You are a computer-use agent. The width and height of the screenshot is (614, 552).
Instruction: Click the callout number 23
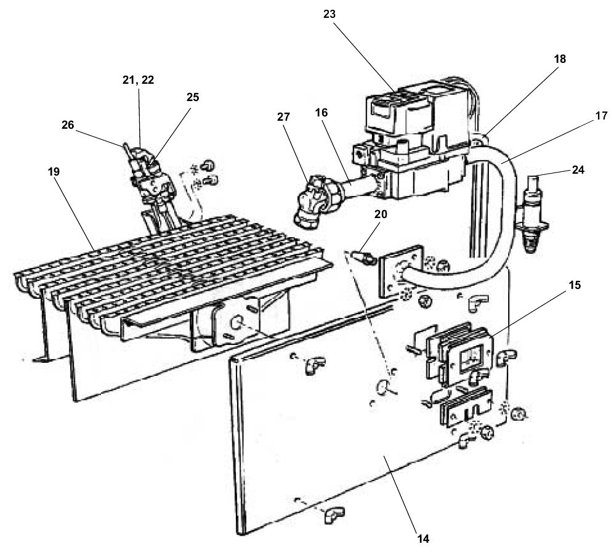pos(329,14)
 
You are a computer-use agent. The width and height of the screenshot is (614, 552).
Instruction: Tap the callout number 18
pos(560,59)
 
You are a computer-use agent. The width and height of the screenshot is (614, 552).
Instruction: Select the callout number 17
pos(600,116)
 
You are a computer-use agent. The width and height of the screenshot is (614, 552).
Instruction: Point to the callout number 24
pos(578,170)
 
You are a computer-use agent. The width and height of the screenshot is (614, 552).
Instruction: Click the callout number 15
pos(575,285)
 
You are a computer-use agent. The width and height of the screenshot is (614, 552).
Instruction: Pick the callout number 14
pos(423,538)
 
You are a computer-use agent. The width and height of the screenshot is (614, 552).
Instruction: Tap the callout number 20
pos(380,214)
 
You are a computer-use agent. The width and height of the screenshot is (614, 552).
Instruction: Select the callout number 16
pos(321,113)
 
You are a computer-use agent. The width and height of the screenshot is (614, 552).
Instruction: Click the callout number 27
pos(283,117)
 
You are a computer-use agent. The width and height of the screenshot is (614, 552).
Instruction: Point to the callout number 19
pos(54,171)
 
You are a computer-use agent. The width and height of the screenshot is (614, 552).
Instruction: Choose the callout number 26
pos(67,125)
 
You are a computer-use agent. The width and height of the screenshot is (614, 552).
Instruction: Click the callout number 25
pos(192,97)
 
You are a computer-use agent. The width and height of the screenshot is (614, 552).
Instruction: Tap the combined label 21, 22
pos(138,80)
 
